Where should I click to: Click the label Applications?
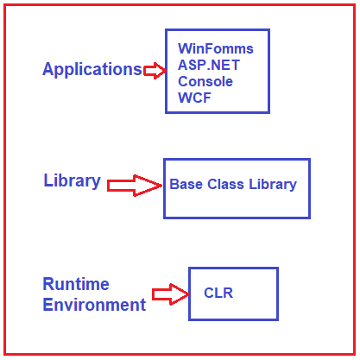[x=92, y=70]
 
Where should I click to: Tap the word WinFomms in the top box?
[x=216, y=48]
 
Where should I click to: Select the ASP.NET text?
[x=209, y=65]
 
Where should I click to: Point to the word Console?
[x=205, y=81]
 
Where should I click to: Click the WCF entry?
[x=195, y=98]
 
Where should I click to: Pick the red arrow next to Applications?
[x=155, y=71]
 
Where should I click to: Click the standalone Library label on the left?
[x=73, y=180]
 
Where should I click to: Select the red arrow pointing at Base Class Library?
[x=135, y=186]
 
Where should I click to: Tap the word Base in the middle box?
[x=186, y=184]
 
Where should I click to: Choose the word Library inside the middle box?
[x=273, y=185]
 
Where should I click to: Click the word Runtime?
[x=76, y=284]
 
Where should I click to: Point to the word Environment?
[x=94, y=305]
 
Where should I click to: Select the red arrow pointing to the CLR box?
[x=171, y=294]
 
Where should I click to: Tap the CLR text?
[x=218, y=293]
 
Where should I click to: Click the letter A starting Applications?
[x=48, y=69]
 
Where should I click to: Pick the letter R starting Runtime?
[x=48, y=284]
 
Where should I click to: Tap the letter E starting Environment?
[x=47, y=305]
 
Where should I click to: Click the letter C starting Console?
[x=183, y=81]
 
